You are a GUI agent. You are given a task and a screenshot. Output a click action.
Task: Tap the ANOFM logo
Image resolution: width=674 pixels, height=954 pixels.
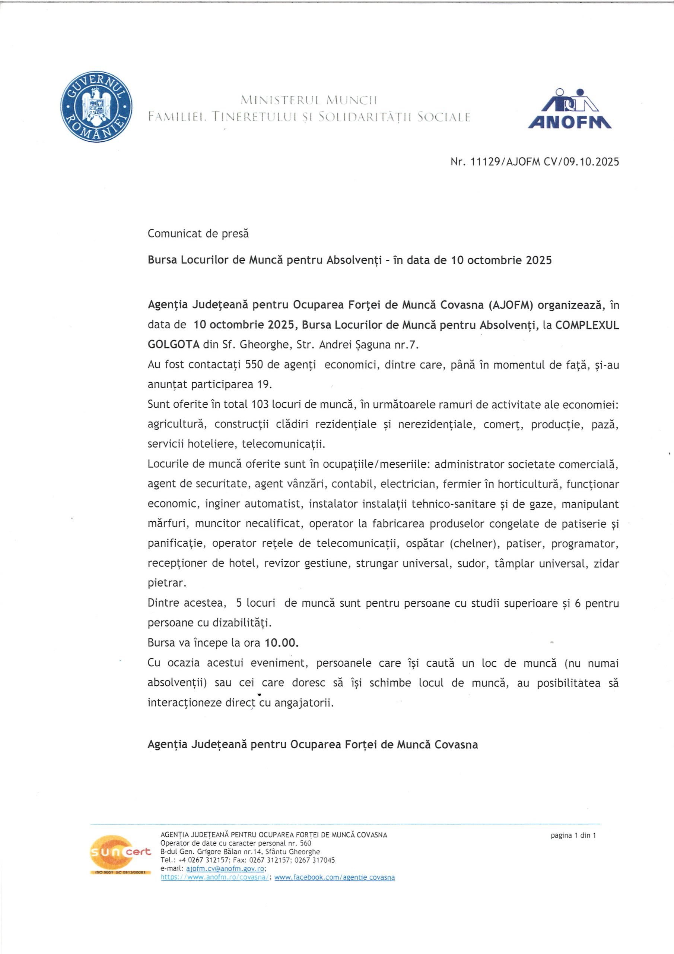[569, 109]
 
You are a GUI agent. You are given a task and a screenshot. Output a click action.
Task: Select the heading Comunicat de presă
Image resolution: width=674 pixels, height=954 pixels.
[198, 234]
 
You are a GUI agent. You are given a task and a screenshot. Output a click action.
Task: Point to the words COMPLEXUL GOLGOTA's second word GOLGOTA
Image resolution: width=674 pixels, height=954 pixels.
[174, 344]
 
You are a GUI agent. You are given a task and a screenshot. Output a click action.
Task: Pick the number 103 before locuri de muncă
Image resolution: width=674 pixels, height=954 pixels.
[260, 404]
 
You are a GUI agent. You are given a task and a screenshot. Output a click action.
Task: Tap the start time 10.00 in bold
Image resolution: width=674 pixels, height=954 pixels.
[282, 643]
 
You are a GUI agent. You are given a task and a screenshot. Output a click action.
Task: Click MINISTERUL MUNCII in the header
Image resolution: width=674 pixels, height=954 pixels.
[309, 100]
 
